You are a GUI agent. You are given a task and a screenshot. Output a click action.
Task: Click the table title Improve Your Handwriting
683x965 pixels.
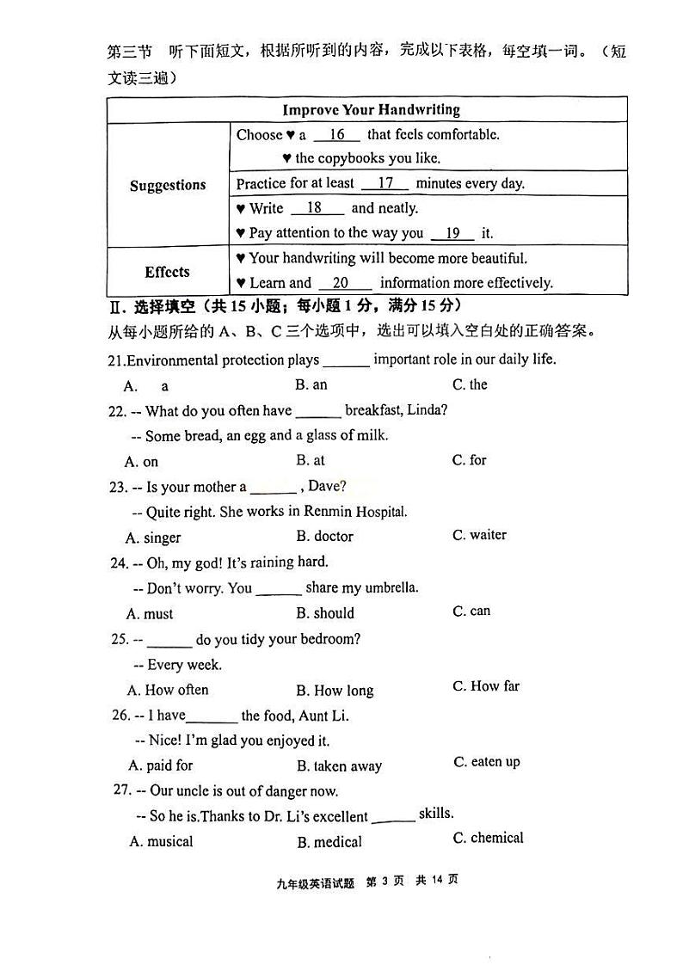371,110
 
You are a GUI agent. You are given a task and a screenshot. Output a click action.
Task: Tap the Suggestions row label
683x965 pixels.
168,185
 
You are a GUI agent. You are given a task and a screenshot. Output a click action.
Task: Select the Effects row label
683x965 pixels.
167,272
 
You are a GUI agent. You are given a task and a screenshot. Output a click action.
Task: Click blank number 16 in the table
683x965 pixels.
336,135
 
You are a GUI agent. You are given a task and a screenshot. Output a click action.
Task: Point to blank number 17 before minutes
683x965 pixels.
385,183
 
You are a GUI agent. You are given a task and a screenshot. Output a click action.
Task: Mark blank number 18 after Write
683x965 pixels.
315,208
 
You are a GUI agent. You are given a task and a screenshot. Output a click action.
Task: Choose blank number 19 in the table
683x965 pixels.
452,233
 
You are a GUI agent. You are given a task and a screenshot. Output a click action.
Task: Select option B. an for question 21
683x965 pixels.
311,384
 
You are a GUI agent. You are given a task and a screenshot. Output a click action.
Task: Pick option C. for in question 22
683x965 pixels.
470,460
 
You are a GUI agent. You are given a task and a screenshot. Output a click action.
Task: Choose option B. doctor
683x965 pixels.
325,536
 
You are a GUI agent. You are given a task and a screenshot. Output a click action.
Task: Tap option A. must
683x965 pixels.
150,613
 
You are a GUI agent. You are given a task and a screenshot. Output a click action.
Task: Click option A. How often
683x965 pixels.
168,690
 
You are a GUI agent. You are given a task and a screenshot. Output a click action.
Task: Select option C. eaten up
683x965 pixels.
487,762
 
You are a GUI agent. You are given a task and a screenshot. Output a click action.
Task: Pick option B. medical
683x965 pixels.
329,842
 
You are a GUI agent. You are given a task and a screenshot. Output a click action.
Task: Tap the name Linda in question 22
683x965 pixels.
426,410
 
